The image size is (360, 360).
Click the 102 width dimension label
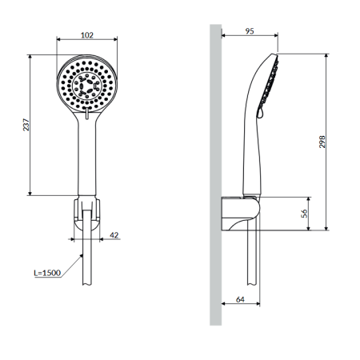click(x=87, y=35)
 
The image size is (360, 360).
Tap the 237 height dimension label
click(x=26, y=125)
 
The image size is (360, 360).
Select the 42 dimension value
click(x=114, y=235)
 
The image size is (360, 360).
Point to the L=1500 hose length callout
click(x=47, y=273)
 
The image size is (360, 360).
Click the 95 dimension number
click(x=250, y=31)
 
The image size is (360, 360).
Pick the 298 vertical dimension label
click(x=322, y=142)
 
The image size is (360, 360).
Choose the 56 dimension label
click(x=304, y=214)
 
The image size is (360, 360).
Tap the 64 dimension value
click(x=240, y=299)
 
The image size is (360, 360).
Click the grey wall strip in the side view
click(x=215, y=175)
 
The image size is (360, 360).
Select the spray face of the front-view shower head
click(x=87, y=85)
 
